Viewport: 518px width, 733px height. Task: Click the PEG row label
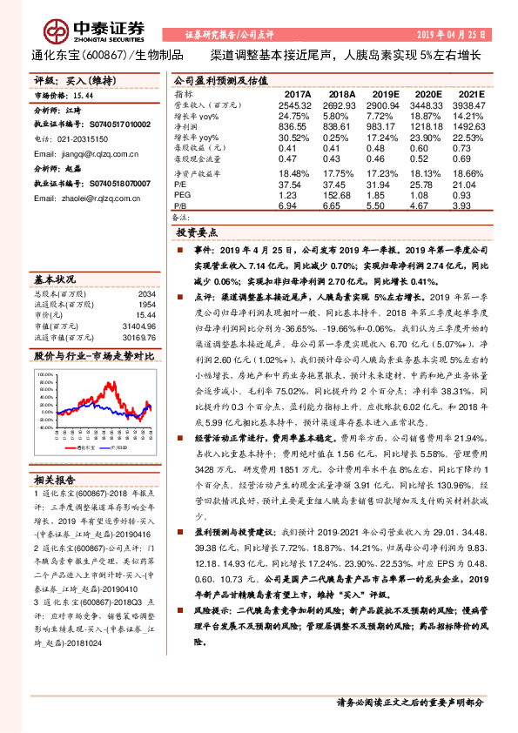(x=181, y=196)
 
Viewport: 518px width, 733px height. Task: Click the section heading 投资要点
(x=196, y=234)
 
